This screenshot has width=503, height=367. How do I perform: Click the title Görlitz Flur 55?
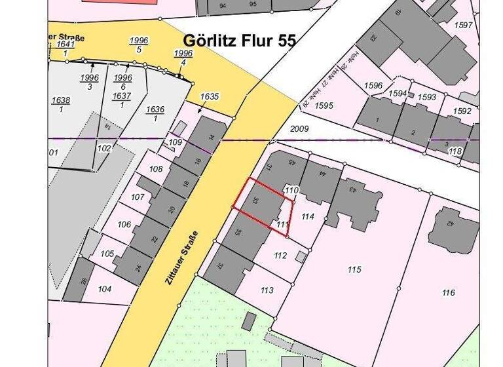pyautogui.click(x=240, y=41)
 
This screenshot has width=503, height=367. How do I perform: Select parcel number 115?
pyautogui.click(x=354, y=269)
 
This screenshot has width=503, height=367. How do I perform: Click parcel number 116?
pyautogui.click(x=448, y=292)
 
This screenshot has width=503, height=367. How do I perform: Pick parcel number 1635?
pyautogui.click(x=210, y=96)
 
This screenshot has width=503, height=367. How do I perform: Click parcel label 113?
pyautogui.click(x=267, y=290)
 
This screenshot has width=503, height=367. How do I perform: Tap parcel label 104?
pyautogui.click(x=104, y=289)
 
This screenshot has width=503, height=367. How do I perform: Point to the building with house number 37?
pyautogui.click(x=221, y=266)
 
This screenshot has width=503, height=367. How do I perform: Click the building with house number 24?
pyautogui.click(x=138, y=266)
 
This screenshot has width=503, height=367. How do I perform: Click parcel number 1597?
pyautogui.click(x=463, y=25)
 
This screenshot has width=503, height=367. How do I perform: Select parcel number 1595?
pyautogui.click(x=324, y=105)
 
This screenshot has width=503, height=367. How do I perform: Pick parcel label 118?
pyautogui.click(x=455, y=151)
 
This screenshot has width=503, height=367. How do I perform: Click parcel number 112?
pyautogui.click(x=280, y=255)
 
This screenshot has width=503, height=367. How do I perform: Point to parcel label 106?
pyautogui.click(x=124, y=224)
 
